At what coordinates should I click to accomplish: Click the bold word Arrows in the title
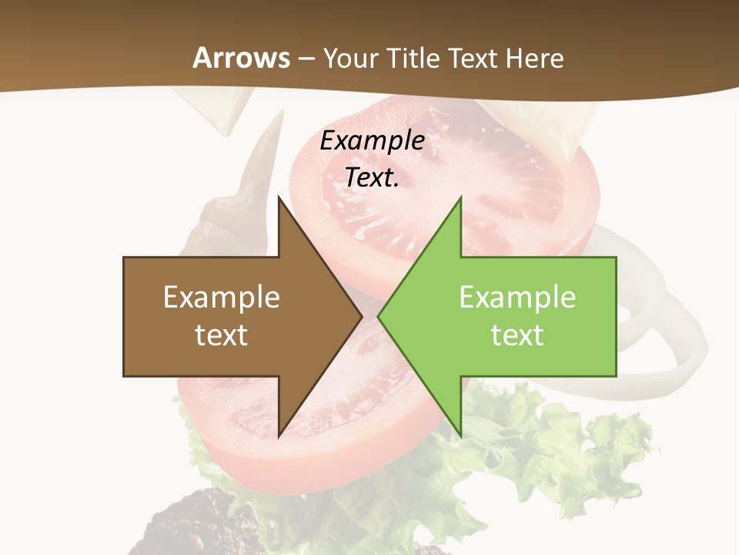point(242,58)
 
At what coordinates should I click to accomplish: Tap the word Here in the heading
point(535,58)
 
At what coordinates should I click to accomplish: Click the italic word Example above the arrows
point(372,140)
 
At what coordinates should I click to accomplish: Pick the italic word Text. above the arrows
point(372,177)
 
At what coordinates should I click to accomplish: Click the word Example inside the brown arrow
point(222,297)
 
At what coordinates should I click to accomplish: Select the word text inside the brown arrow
point(222,335)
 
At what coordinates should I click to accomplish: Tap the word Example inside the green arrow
point(517,297)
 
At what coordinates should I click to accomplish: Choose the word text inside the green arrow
point(517,335)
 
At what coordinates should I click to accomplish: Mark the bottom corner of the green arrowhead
point(460,436)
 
